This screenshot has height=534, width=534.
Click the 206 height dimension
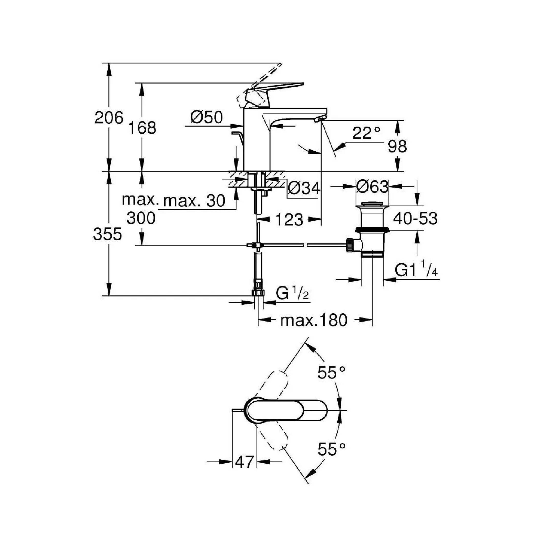(x=108, y=118)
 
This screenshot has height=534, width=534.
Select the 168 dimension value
(x=142, y=128)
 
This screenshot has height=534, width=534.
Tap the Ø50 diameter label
(x=206, y=117)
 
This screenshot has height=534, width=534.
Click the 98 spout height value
(x=397, y=146)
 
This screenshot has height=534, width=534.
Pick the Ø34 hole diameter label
(x=304, y=189)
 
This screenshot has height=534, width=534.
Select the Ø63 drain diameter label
(x=372, y=187)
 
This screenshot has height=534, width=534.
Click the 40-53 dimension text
(x=415, y=218)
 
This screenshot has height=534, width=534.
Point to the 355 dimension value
(x=107, y=234)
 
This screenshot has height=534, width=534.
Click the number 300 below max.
(x=141, y=218)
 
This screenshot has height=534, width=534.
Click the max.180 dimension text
(x=314, y=321)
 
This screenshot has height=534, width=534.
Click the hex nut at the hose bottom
(x=258, y=293)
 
